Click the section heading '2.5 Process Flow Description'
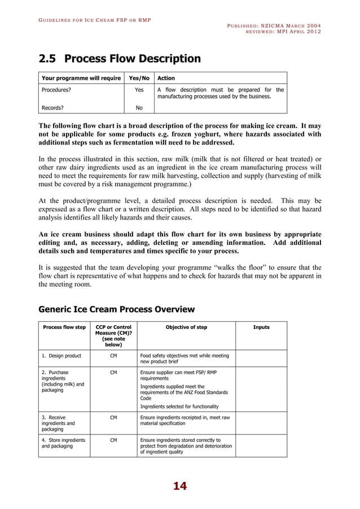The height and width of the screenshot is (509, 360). (x=119, y=59)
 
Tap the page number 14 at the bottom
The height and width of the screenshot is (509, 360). (x=179, y=486)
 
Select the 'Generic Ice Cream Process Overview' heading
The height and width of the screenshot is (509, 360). (x=116, y=309)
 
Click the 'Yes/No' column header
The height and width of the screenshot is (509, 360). (x=139, y=78)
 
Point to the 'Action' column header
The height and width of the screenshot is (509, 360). (x=166, y=78)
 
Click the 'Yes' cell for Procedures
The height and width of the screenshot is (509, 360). (x=139, y=90)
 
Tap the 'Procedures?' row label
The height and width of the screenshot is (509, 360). (x=56, y=90)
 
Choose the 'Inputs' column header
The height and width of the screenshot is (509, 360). (x=261, y=327)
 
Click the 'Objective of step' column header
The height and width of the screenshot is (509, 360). (x=186, y=327)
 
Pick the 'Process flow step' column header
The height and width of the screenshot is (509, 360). (x=64, y=327)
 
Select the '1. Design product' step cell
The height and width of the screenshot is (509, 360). (x=62, y=356)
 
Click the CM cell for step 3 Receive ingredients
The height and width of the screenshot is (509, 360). (x=113, y=418)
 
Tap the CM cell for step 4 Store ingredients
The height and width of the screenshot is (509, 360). (x=113, y=440)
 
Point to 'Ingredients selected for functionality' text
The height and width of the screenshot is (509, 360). (x=179, y=406)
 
